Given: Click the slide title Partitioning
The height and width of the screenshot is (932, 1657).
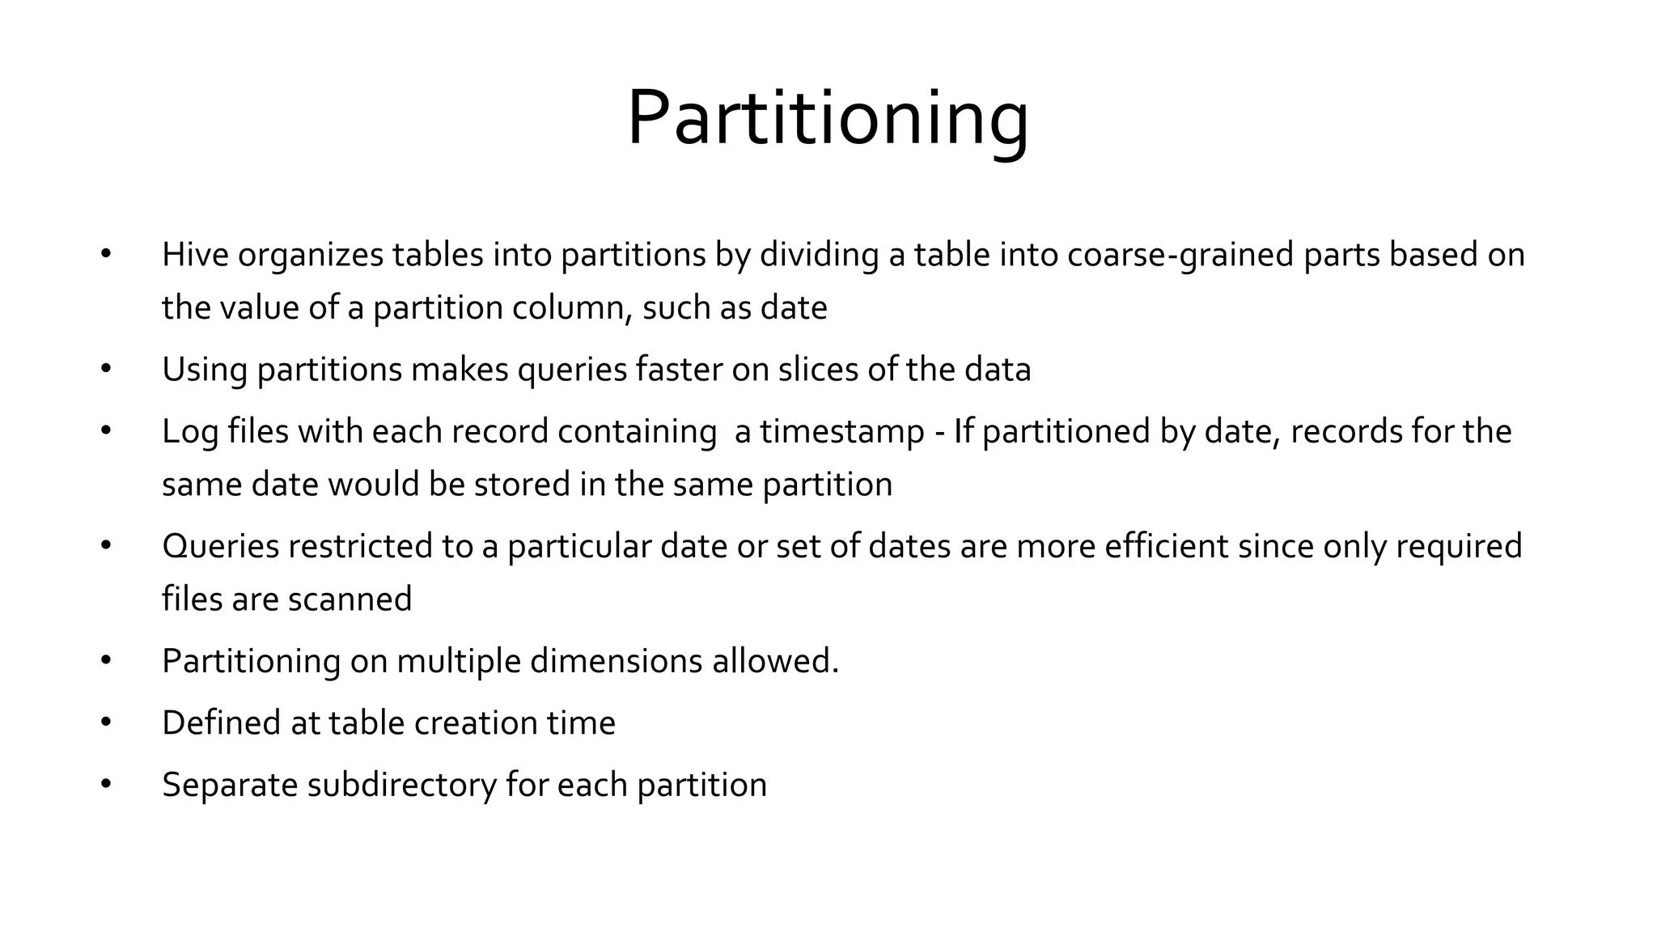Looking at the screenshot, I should tap(828, 118).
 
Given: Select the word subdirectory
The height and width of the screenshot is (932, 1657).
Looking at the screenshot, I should tap(401, 785).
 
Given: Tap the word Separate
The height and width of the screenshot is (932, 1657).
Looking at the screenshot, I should tap(230, 785).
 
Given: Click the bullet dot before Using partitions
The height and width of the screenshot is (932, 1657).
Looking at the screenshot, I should tap(105, 370).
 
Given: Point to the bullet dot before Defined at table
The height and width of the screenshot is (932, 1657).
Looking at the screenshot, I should tap(105, 722).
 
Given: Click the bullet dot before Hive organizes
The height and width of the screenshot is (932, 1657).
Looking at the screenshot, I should tap(105, 255).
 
